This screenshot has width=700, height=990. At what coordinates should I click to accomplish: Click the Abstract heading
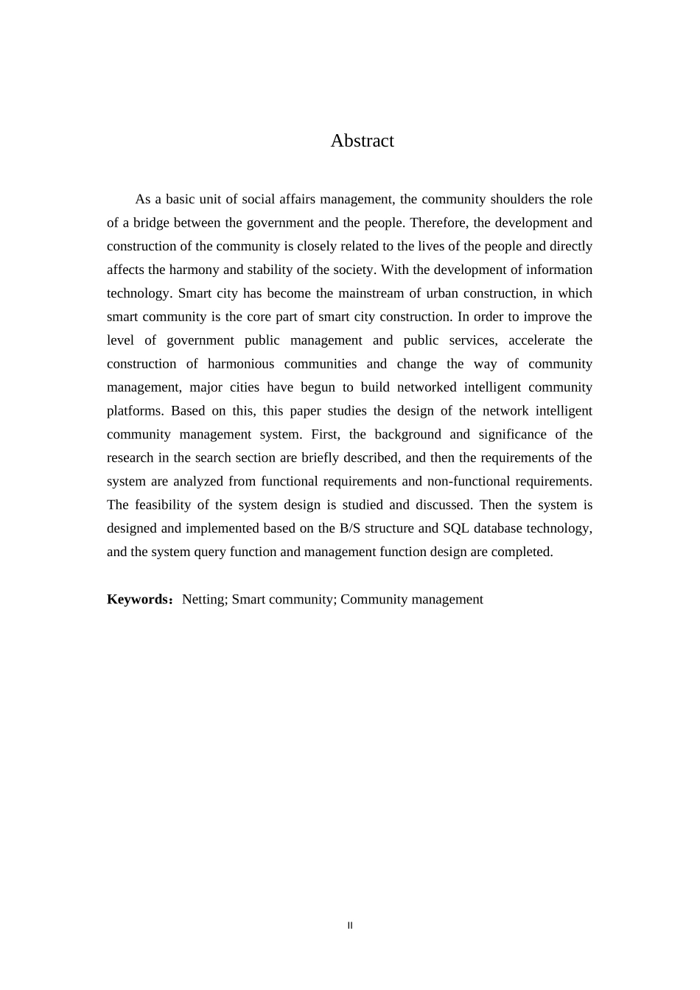pos(362,141)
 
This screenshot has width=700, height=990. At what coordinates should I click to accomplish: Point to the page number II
pos(350,925)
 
